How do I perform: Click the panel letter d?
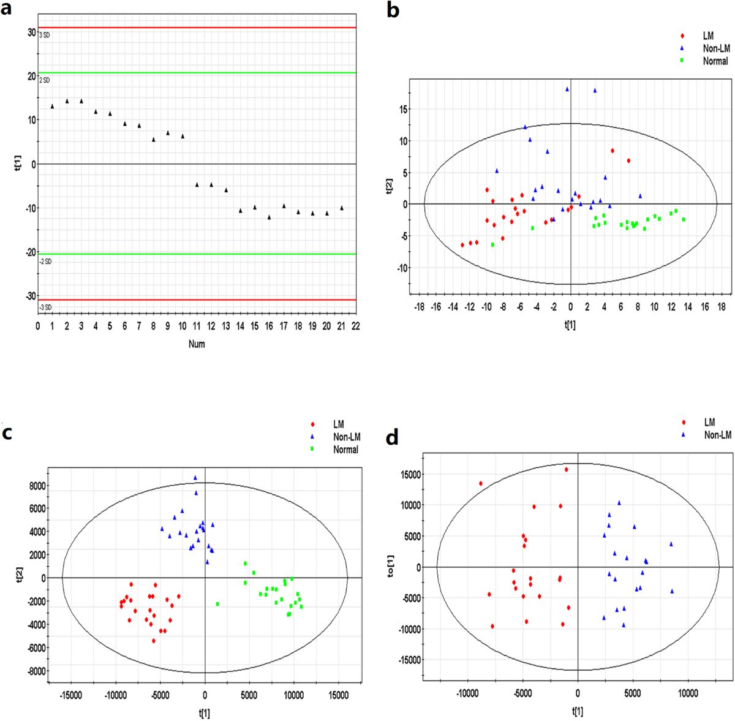coord(392,439)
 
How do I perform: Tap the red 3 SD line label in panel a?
coord(44,36)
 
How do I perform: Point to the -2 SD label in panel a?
coord(45,262)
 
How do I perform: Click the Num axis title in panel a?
coord(197,344)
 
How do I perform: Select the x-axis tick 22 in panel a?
coord(355,327)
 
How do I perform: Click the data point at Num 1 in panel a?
coord(52,106)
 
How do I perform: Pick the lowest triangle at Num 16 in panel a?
coord(269,217)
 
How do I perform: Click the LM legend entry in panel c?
coord(338,425)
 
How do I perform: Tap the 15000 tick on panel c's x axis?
coord(339,696)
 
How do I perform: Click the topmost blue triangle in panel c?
coord(195,477)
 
